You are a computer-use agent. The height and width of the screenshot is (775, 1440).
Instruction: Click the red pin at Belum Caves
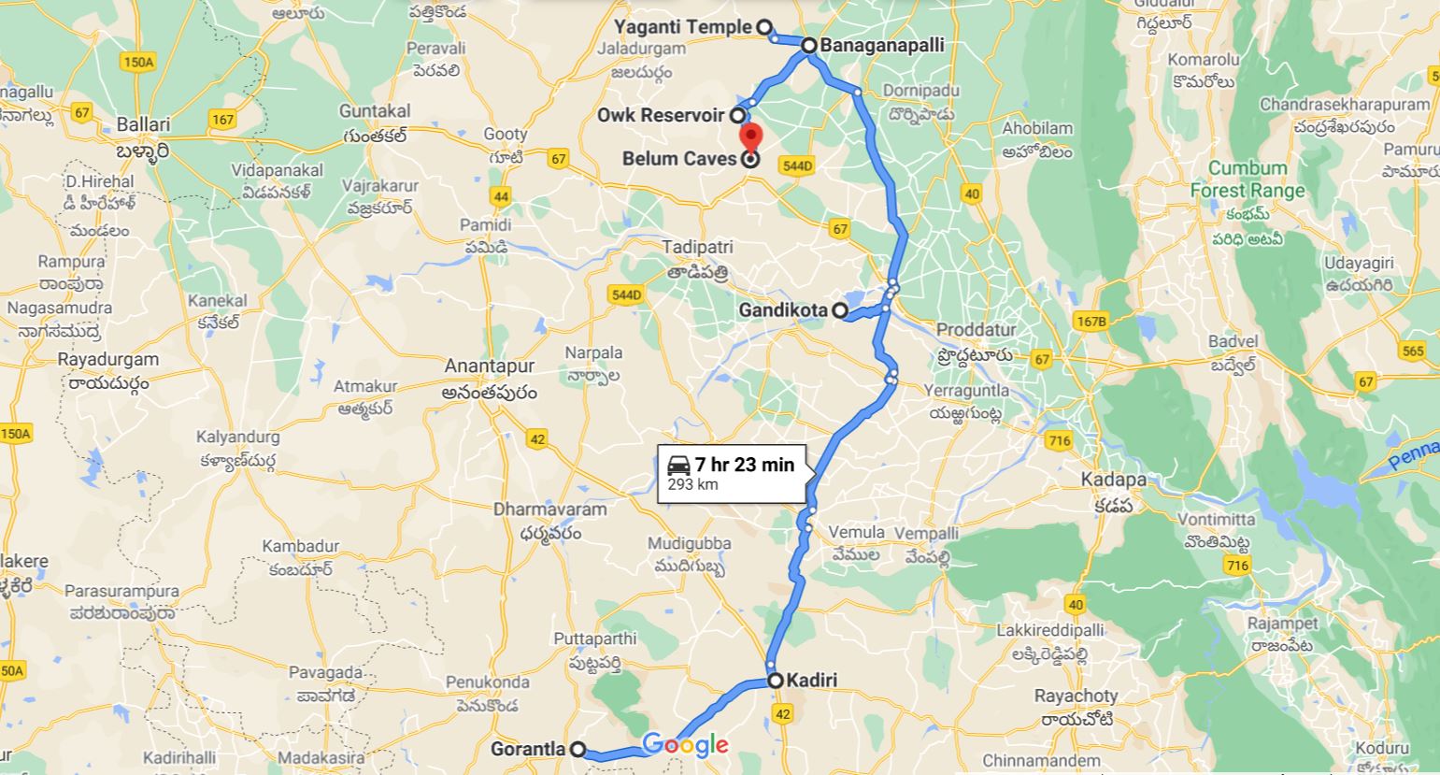click(x=750, y=136)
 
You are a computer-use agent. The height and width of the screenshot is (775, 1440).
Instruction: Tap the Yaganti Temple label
click(x=689, y=27)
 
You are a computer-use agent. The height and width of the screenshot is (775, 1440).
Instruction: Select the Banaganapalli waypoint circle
click(x=808, y=45)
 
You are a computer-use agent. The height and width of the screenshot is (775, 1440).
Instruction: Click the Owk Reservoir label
click(x=662, y=116)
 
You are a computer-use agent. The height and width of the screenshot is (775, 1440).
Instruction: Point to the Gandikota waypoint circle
click(x=841, y=310)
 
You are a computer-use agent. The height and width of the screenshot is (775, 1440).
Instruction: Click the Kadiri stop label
click(x=811, y=681)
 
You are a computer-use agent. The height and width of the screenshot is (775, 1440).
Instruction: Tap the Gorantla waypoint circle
click(x=578, y=749)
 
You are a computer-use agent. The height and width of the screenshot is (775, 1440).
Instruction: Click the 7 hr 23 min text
click(x=744, y=465)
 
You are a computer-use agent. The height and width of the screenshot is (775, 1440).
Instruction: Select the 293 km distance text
click(x=692, y=484)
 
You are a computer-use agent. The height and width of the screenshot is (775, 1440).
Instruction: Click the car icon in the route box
click(x=678, y=465)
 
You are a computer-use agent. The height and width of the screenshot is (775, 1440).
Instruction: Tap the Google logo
click(x=685, y=745)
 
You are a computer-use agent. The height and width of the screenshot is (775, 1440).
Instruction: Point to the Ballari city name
click(x=143, y=124)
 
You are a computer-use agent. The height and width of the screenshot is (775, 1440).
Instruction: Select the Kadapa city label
click(x=1113, y=480)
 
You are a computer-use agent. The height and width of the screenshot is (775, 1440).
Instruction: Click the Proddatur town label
click(x=975, y=330)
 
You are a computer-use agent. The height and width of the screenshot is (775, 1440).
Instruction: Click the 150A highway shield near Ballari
click(x=137, y=62)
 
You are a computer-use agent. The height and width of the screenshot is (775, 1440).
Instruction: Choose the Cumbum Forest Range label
click(x=1248, y=179)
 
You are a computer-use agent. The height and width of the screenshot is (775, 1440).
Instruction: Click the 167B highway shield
click(x=1091, y=322)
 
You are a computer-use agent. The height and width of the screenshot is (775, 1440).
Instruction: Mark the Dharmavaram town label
click(x=550, y=509)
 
